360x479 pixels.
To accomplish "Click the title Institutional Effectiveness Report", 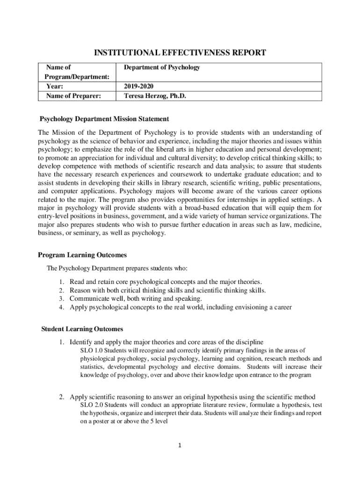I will click(180, 53).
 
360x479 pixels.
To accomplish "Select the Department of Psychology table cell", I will click(162, 67).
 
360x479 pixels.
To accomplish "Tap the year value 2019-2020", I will click(138, 87).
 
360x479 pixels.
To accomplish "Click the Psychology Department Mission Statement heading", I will click(104, 119).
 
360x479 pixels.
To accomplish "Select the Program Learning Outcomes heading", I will click(82, 255).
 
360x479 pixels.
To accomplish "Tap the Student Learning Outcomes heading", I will click(82, 328).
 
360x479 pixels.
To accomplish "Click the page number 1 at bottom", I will click(180, 445).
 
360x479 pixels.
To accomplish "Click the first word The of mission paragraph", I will click(44, 132).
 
